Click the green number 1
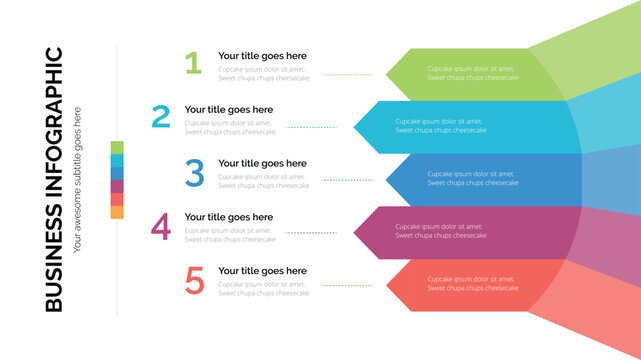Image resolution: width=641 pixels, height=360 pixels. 193,64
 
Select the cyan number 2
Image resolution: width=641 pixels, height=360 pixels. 161,118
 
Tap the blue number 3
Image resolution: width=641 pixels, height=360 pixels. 194,173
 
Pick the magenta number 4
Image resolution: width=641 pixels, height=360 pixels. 161,227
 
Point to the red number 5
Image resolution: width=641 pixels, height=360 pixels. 194,281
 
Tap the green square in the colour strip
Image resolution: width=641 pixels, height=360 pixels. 117,147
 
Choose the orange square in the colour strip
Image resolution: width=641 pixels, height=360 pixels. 117,212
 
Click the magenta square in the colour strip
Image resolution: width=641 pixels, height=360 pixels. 117,186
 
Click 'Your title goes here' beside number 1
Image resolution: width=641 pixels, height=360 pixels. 262,56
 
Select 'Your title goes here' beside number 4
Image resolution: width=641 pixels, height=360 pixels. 228,217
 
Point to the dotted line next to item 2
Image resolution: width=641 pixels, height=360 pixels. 312,127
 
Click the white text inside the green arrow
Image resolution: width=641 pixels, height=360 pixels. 473,73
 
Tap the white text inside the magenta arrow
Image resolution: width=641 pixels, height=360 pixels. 440,231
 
